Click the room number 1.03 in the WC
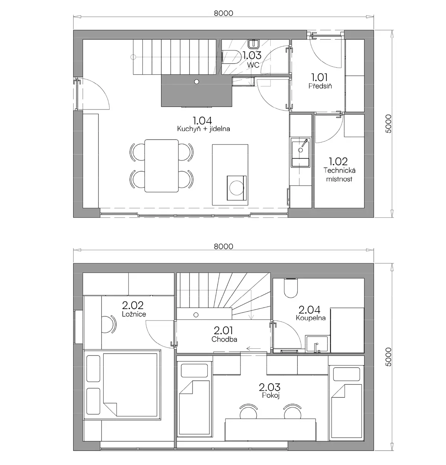point(252,55)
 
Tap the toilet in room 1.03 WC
point(232,57)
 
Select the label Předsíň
point(320,86)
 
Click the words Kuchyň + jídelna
point(204,129)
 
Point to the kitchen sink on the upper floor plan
point(300,152)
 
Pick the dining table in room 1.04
point(161,166)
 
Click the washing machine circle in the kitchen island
point(236,188)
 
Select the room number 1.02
point(338,162)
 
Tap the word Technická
point(339,170)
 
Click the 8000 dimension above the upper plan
point(223,13)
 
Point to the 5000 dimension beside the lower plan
point(388,357)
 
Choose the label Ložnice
point(134,314)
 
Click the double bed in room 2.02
point(122,385)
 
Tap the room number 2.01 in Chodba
point(223,331)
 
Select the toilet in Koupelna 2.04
point(291,288)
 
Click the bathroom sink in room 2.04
point(317,344)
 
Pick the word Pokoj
point(271,395)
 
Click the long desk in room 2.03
point(271,429)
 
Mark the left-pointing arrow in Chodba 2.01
point(253,349)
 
